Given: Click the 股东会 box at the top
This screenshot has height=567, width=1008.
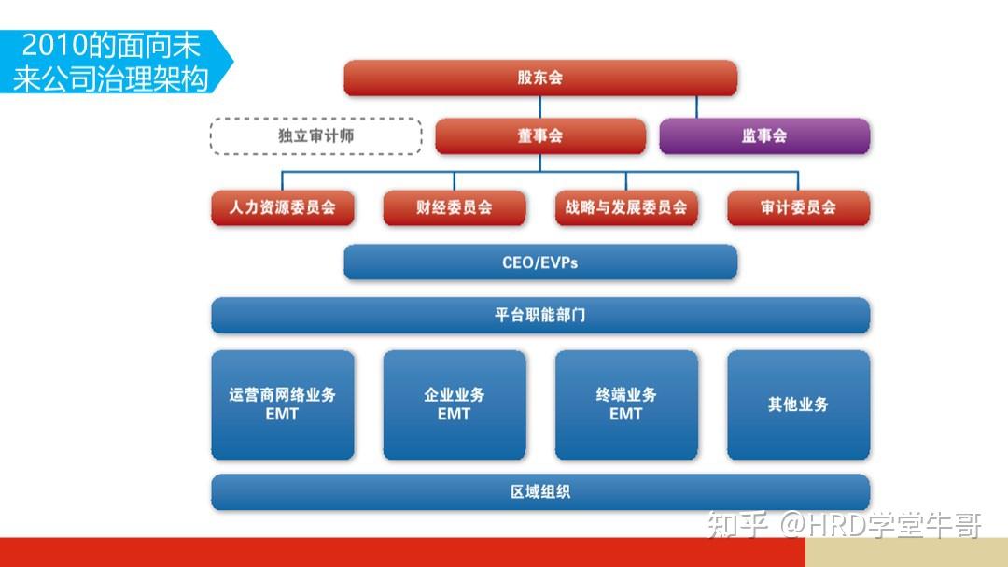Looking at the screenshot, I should point(539,78).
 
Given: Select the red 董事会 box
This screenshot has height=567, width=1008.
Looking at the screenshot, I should point(539,135).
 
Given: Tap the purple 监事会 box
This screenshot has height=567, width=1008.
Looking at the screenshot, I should point(764,135).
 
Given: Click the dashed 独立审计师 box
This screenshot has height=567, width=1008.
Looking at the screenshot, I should point(315,135).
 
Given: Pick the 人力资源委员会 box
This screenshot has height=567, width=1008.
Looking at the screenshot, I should point(282,207).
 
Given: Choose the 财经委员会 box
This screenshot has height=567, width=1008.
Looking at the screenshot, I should point(454,207).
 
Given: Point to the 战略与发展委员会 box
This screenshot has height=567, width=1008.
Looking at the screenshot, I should point(625,207).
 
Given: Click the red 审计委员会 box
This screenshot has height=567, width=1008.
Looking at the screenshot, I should point(798,207).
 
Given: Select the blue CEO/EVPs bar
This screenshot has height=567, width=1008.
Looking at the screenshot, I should point(539,262).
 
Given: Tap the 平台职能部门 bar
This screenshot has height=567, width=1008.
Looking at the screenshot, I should point(539,315).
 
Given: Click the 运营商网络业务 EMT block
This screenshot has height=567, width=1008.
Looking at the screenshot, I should point(282,404).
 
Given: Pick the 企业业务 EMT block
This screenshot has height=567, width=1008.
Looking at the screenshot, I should point(454,404).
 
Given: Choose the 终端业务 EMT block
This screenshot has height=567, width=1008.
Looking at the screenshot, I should point(625,404).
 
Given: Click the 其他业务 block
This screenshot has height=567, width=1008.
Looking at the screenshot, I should point(798,404).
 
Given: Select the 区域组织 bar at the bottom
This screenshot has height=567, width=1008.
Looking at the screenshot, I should point(539,491).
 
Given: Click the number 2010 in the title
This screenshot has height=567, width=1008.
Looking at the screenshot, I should point(52,45).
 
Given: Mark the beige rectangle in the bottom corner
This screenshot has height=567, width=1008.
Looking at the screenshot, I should point(905,552).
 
